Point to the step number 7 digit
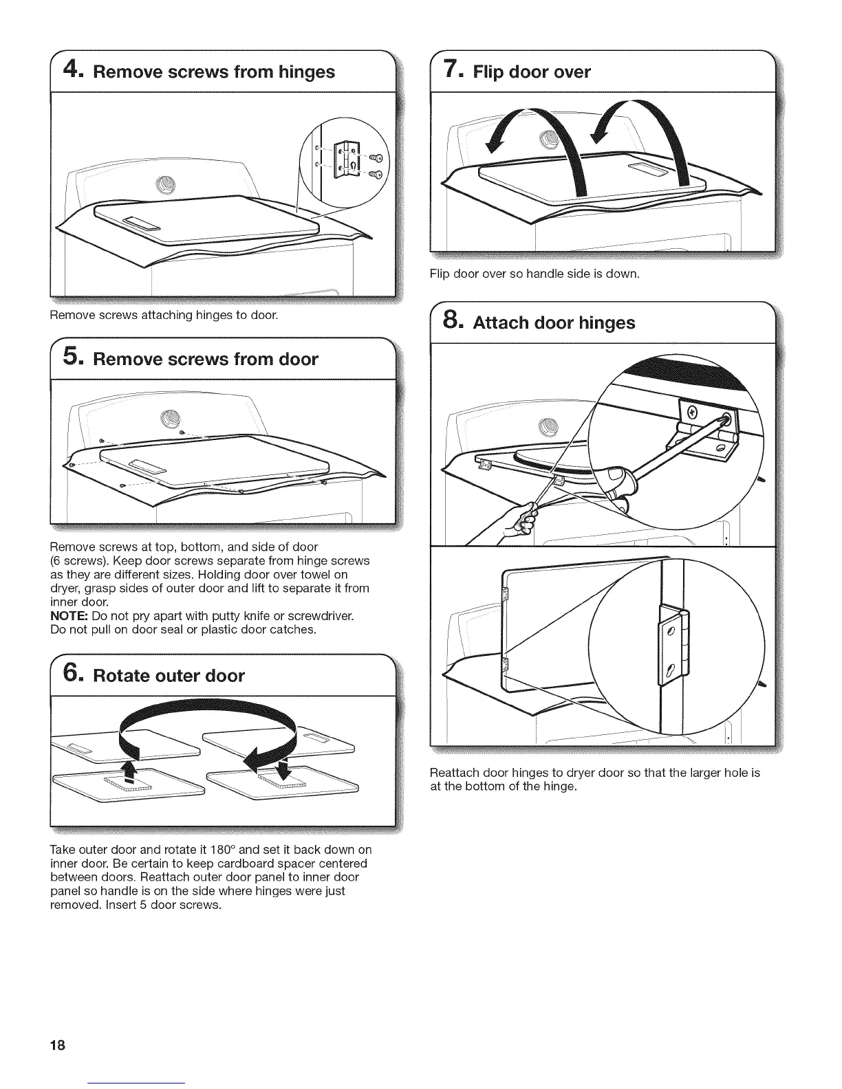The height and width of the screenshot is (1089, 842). pos(451,70)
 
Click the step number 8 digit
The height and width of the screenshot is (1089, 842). pos(451,321)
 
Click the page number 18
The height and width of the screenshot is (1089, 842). pos(57,1045)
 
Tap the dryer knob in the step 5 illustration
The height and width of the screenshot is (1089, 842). pos(167,417)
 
